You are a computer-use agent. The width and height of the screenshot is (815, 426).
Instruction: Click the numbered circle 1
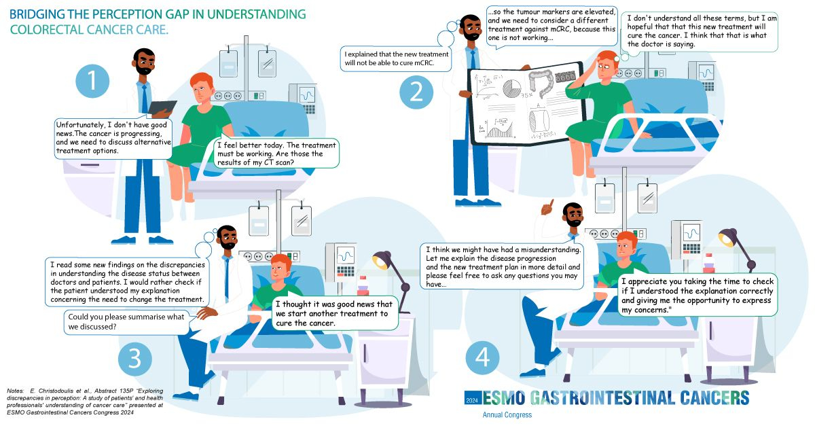(x=92, y=81)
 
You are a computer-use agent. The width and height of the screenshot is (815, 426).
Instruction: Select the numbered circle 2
(x=416, y=92)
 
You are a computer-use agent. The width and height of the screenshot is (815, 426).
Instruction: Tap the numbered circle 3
(x=135, y=359)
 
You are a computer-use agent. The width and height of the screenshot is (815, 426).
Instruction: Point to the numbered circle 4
(x=482, y=357)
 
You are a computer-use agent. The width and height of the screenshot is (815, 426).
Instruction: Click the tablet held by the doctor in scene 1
(x=162, y=108)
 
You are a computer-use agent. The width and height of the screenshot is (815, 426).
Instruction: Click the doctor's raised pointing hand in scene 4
(x=547, y=208)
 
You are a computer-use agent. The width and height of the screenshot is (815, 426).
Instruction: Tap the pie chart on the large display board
(x=512, y=88)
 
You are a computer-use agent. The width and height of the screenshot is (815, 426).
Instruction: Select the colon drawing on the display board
(x=541, y=83)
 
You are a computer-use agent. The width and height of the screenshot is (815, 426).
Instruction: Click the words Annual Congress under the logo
(x=507, y=414)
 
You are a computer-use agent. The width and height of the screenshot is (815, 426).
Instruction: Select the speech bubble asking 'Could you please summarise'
(x=126, y=322)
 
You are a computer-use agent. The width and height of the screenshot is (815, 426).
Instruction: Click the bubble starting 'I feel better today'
(x=276, y=154)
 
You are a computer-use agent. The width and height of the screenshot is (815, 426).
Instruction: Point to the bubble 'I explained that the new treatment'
(x=396, y=58)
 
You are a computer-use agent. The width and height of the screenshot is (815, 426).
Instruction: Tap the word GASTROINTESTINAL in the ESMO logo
(x=602, y=398)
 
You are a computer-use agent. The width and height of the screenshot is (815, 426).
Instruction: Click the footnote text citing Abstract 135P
(x=85, y=402)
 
